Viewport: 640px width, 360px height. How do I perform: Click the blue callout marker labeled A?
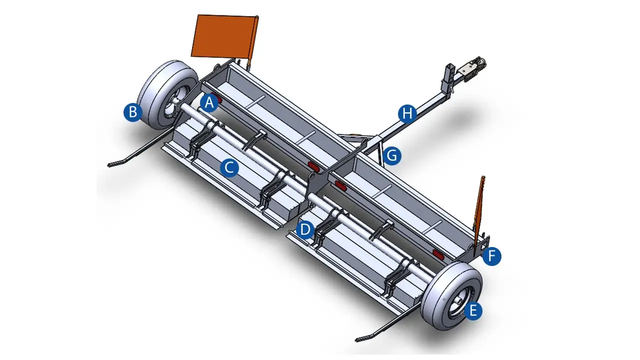[209, 103]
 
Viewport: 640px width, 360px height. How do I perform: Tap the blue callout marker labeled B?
[133, 112]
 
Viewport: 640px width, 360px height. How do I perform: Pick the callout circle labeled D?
[305, 229]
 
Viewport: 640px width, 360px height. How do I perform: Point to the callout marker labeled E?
[473, 310]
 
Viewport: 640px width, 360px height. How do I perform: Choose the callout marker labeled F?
[491, 256]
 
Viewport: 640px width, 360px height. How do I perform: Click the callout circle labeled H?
[407, 113]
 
